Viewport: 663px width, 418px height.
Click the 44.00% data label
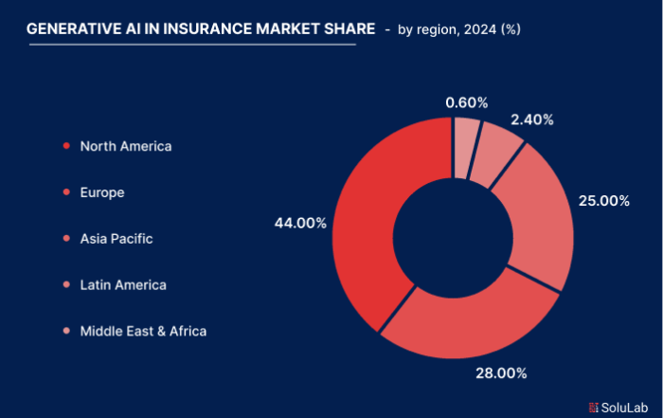[300, 223]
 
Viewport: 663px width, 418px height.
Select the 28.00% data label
[501, 373]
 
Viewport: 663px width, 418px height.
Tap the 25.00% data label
[603, 201]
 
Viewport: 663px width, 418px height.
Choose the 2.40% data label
[532, 119]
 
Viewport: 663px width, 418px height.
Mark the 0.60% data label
[467, 102]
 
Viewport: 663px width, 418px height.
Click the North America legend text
[126, 146]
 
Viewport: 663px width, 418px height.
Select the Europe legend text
[102, 192]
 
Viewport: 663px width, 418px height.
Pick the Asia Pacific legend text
[116, 239]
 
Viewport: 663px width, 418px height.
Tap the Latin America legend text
[123, 284]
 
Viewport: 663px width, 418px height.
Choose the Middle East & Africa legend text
[143, 331]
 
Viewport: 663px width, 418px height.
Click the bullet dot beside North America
[65, 146]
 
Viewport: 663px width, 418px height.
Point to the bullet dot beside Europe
[65, 192]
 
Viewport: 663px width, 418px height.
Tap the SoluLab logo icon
[594, 407]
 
